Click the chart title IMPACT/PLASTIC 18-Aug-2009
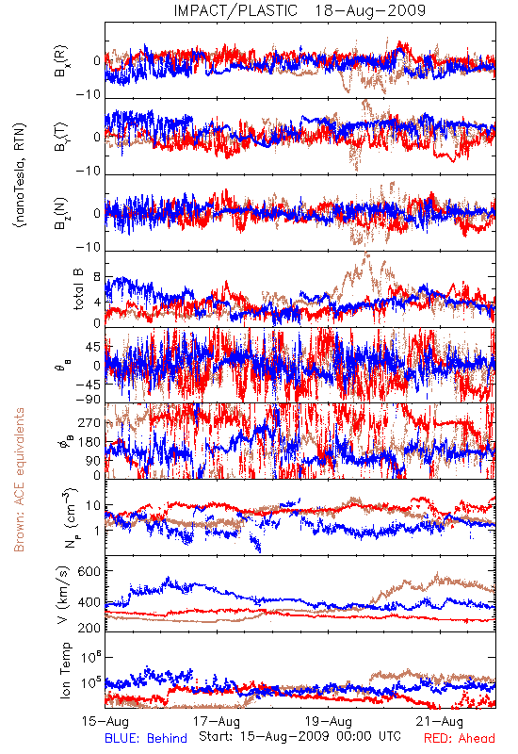coord(299,10)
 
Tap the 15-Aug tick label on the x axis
coord(105,722)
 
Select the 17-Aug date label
coord(217,722)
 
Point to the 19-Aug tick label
coord(329,722)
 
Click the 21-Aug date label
coord(440,722)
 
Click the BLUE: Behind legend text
coord(146,739)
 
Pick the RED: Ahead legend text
coord(460,739)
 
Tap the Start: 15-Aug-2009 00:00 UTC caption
coord(299,736)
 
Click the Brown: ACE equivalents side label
coord(19,480)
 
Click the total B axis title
coord(78,289)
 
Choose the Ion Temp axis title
coord(65,670)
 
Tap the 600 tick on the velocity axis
coord(89,571)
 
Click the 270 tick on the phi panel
coord(89,423)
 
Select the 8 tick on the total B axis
coord(97,277)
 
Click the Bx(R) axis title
coord(61,61)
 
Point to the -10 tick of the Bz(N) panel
coord(88,247)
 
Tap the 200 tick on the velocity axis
coord(89,628)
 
